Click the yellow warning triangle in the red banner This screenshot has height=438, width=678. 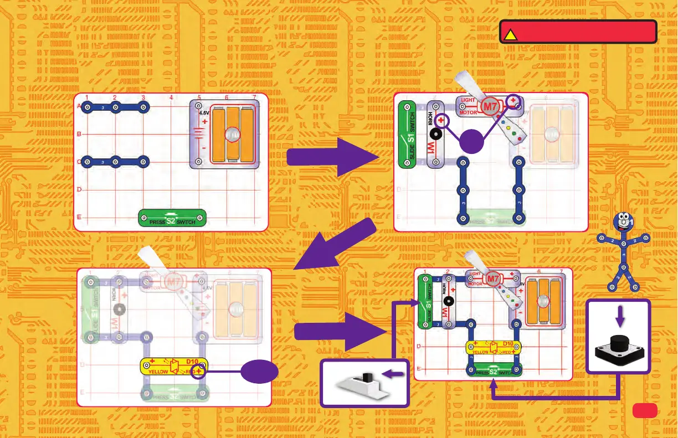pyautogui.click(x=510, y=34)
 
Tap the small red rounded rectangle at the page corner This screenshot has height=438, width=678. pyautogui.click(x=644, y=410)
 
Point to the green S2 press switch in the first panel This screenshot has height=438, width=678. pyautogui.click(x=172, y=218)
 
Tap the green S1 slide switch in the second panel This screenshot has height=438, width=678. pyautogui.click(x=409, y=135)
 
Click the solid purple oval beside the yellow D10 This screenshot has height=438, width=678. pyautogui.click(x=259, y=372)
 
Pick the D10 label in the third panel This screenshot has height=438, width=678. pyautogui.click(x=193, y=362)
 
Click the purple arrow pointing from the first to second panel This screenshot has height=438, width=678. pyautogui.click(x=333, y=157)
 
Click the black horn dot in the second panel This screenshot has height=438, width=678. pyautogui.click(x=435, y=135)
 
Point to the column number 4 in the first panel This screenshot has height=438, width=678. pyautogui.click(x=171, y=98)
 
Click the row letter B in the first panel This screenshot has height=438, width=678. pyautogui.click(x=79, y=134)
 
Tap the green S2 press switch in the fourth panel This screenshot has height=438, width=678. pyautogui.click(x=494, y=370)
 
